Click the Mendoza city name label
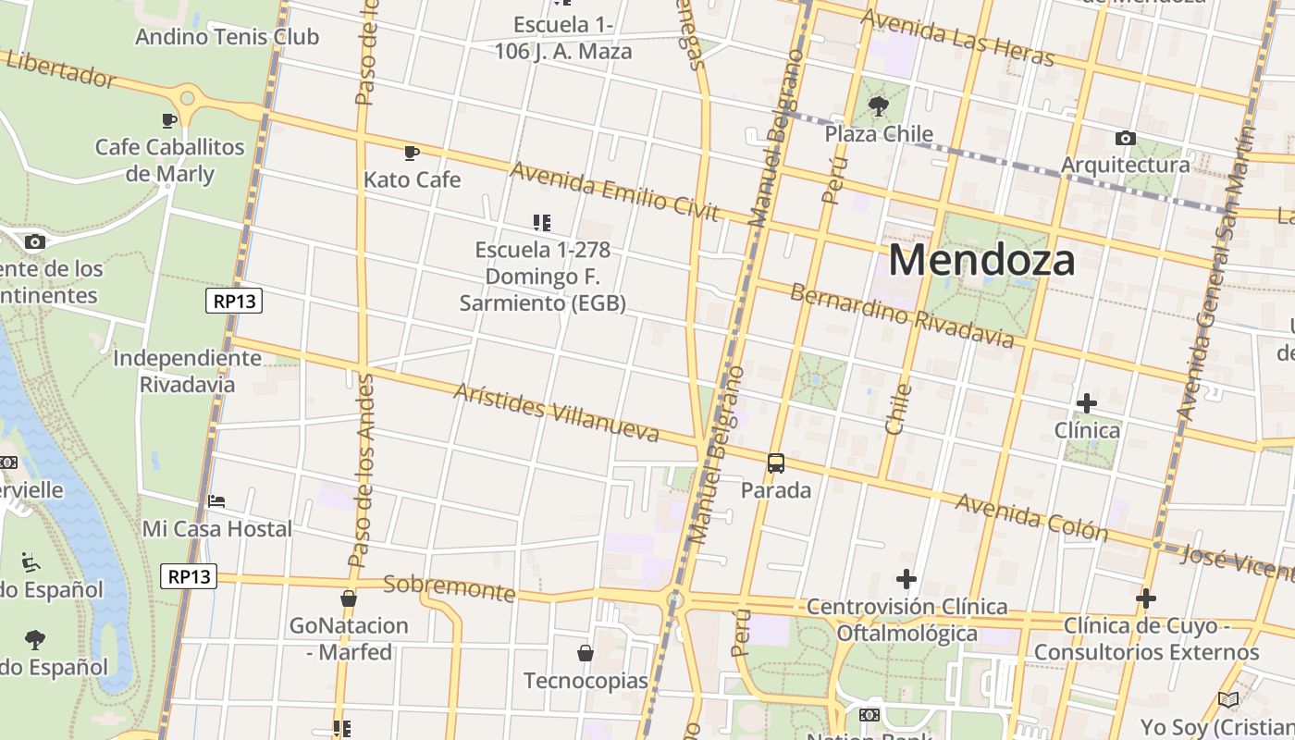pyautogui.click(x=981, y=260)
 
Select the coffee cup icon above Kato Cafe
pyautogui.click(x=412, y=153)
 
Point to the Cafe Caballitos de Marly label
pyautogui.click(x=169, y=160)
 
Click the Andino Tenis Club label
pyautogui.click(x=227, y=37)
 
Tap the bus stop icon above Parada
pyautogui.click(x=776, y=463)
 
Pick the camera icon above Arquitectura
pyautogui.click(x=1125, y=139)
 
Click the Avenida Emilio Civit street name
pyautogui.click(x=614, y=191)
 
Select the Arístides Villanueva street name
pyautogui.click(x=556, y=412)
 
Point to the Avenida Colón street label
pyautogui.click(x=1031, y=517)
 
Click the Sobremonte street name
pyautogui.click(x=449, y=587)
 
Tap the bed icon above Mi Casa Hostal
pyautogui.click(x=216, y=501)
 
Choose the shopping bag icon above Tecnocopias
pyautogui.click(x=586, y=653)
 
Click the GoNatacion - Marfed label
pyautogui.click(x=349, y=638)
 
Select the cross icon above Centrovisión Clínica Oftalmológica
pyautogui.click(x=906, y=580)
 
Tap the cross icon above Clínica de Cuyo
pyautogui.click(x=1146, y=598)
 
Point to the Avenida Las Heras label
pyautogui.click(x=956, y=37)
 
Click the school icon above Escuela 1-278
pyautogui.click(x=542, y=222)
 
